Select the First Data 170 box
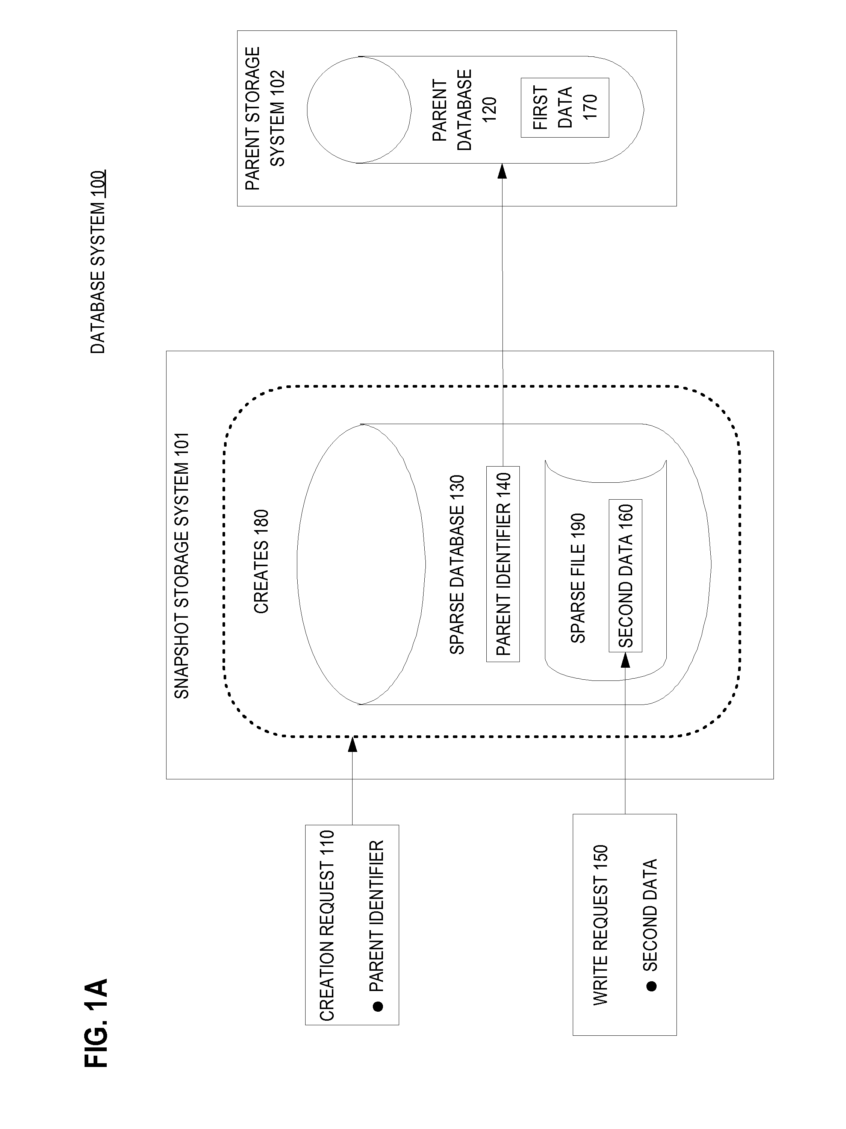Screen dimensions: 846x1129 click(565, 107)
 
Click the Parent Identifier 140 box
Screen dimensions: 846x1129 click(502, 564)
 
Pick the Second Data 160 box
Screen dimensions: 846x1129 click(625, 575)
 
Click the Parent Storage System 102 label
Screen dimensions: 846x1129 click(264, 118)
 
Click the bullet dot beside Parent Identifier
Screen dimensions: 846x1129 click(378, 1006)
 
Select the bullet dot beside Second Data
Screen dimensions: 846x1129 click(651, 986)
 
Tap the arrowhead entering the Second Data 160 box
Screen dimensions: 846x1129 click(625, 659)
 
